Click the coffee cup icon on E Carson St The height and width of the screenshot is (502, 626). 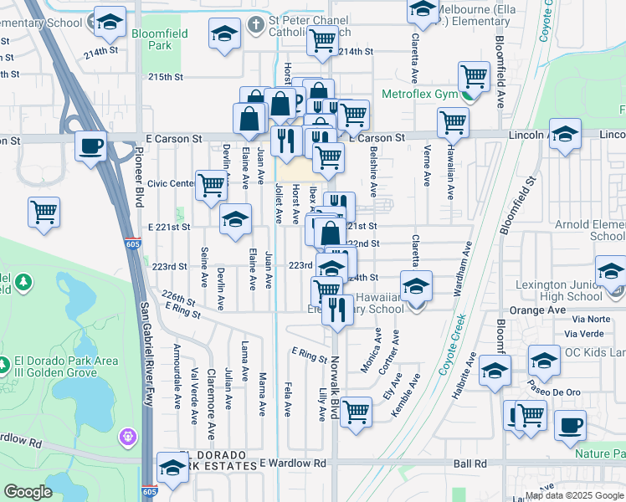pos(91,146)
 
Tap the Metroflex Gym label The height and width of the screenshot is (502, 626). pos(419,93)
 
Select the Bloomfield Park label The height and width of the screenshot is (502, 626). pos(159,39)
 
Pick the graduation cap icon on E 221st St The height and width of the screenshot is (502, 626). pos(236,219)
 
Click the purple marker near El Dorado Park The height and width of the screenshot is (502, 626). pos(127,436)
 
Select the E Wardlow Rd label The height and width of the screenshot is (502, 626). pos(293,464)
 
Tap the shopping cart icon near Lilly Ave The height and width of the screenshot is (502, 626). pos(357,412)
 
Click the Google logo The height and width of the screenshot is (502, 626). pos(28,492)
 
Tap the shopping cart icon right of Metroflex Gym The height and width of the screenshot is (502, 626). pos(474,76)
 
